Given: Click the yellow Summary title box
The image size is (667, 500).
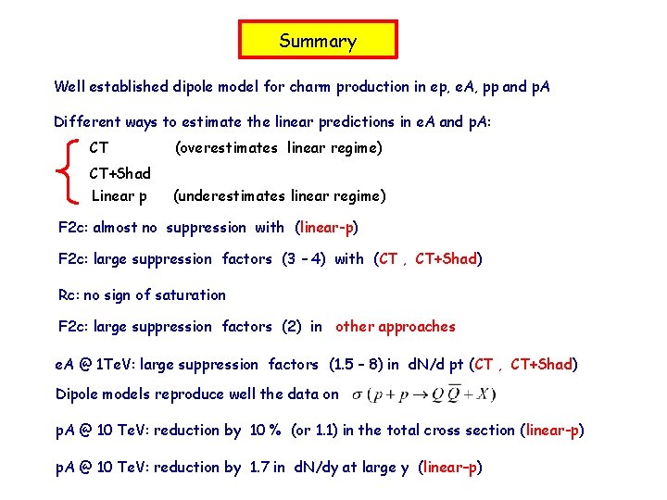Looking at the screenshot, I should click(318, 41).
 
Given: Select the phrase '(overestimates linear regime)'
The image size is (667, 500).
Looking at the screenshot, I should click(278, 147).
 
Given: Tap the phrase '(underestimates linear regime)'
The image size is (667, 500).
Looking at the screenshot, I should click(279, 195).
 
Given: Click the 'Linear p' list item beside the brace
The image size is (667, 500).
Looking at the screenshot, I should click(119, 195).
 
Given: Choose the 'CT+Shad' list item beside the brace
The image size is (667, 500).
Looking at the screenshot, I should click(120, 172).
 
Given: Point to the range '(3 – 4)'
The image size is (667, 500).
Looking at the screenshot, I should click(303, 259).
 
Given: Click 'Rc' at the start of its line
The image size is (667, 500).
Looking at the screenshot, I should click(68, 295).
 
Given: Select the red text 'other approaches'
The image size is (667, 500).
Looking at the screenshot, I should click(396, 326).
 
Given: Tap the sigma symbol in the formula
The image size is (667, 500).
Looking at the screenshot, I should click(358, 394).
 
